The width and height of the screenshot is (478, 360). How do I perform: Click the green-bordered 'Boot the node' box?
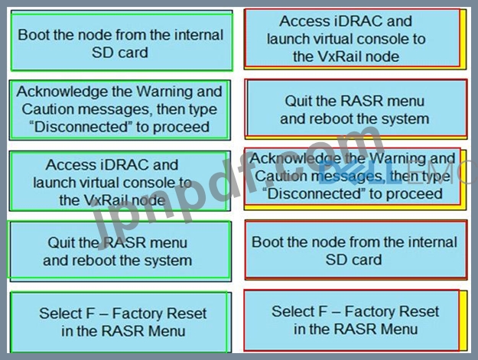coord(120,43)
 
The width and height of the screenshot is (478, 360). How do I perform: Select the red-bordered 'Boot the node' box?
coord(355,251)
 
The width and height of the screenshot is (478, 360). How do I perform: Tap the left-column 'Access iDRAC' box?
coord(112,182)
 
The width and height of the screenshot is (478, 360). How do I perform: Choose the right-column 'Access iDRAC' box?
coord(355,39)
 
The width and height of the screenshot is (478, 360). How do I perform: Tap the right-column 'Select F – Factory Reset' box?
coord(355,319)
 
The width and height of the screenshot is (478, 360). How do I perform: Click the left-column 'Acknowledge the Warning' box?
coord(120,109)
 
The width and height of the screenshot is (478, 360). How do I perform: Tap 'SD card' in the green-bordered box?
coord(120,53)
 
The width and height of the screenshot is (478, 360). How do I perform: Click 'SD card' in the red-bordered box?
coord(355,260)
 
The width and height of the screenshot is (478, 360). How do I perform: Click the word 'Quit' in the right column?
coord(301,101)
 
